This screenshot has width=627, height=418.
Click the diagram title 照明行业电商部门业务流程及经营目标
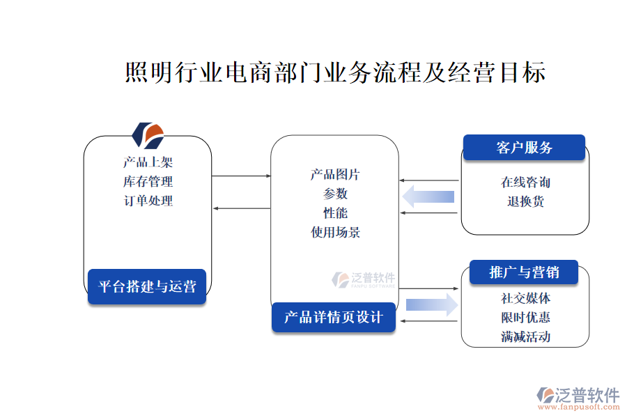(335, 72)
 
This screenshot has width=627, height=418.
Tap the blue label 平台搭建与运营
(147, 286)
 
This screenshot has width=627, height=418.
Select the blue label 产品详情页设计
(334, 318)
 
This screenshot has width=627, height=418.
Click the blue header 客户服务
(524, 148)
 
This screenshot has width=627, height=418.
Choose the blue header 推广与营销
(524, 272)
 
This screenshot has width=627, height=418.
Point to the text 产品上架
(148, 162)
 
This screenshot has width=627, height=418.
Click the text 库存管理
(148, 182)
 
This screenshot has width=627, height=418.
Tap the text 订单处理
(148, 201)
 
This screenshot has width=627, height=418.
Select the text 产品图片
(335, 174)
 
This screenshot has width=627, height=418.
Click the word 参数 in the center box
(335, 194)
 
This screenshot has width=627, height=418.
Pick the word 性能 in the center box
(335, 213)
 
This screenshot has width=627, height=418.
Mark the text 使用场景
(335, 233)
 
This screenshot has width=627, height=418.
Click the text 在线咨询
(525, 183)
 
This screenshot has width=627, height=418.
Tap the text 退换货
(525, 202)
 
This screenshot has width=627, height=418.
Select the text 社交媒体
(525, 298)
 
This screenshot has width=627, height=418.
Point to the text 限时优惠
(525, 318)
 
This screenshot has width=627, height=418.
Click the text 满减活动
(525, 337)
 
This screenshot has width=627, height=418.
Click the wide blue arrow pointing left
(428, 196)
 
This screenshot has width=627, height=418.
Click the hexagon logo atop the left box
(148, 135)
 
